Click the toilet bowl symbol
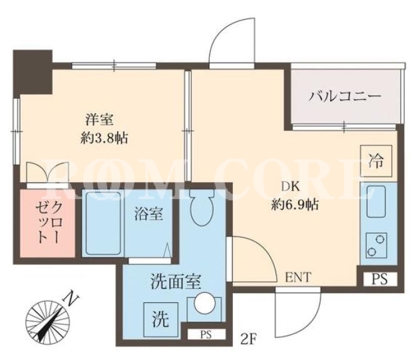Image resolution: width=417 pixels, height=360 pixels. click(202, 207)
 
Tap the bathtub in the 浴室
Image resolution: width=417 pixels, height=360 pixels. click(103, 223)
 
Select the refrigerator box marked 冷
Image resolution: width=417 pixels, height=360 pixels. click(376, 161)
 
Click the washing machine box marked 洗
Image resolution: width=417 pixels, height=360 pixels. click(161, 319)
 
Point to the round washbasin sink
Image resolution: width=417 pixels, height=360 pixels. click(205, 304)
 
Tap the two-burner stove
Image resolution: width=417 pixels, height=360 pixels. click(376, 245)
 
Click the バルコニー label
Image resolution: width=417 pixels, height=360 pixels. click(345, 96)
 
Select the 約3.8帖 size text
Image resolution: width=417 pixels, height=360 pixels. click(104, 138)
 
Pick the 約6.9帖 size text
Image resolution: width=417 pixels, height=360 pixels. click(295, 205)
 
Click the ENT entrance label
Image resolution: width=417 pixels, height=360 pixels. click(298, 277)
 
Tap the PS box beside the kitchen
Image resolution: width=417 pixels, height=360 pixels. click(380, 279)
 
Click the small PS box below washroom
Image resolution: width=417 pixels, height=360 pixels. click(206, 334)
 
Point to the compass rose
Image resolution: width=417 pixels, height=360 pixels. click(48, 322)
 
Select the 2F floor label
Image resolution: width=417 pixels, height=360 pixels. click(248, 339)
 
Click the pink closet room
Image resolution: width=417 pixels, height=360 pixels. click(47, 223)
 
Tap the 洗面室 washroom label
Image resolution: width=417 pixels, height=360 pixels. click(176, 282)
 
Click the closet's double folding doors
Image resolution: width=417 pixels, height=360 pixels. click(48, 173)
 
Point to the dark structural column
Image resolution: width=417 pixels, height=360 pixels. click(33, 72)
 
